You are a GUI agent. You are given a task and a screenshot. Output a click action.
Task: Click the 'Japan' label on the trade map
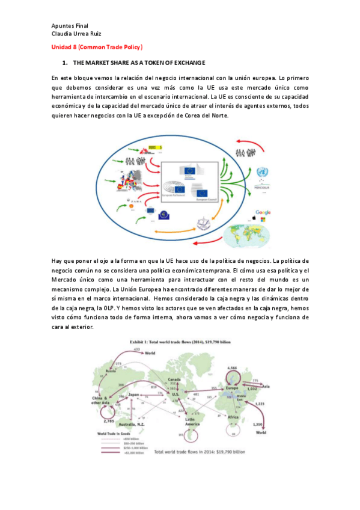pos(134,395)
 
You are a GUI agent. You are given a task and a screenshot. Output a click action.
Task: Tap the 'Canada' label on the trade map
pos(174,379)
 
